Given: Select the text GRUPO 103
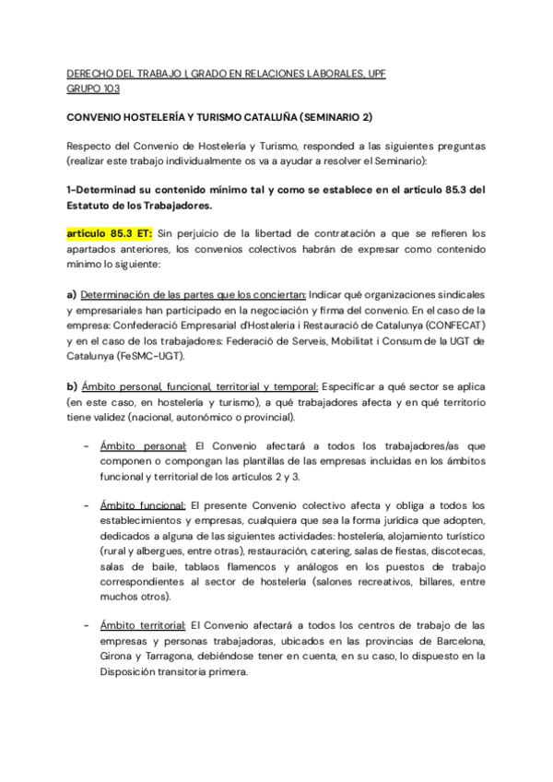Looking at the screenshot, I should click(x=93, y=89).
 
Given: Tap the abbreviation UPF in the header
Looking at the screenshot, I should click(x=376, y=73).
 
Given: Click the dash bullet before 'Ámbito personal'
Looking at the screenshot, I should click(x=86, y=445).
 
